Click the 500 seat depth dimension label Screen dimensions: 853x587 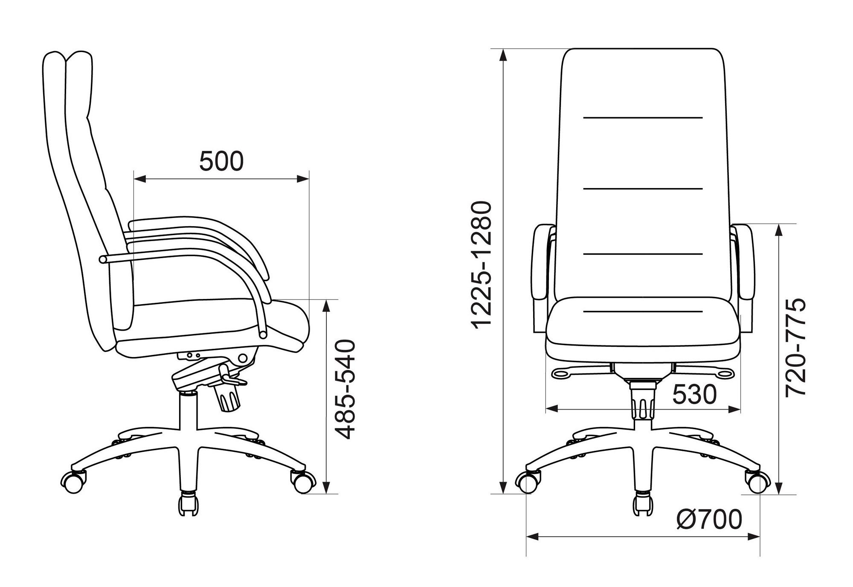tap(221, 161)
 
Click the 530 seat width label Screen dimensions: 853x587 tap(694, 395)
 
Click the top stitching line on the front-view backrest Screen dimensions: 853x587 tap(642, 117)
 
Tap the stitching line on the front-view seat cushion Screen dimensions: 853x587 tap(642, 311)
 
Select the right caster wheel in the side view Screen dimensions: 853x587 tap(303, 481)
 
